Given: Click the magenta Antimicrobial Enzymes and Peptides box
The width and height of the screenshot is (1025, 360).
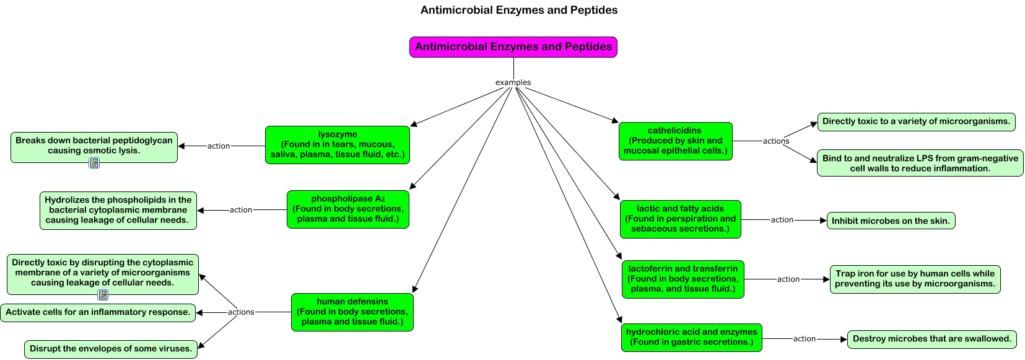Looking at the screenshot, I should pyautogui.click(x=513, y=47).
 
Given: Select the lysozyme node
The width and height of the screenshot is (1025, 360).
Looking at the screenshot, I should pyautogui.click(x=337, y=145).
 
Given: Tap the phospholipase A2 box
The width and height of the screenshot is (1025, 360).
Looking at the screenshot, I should pyautogui.click(x=347, y=209).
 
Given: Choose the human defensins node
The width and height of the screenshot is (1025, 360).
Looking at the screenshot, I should pyautogui.click(x=352, y=312).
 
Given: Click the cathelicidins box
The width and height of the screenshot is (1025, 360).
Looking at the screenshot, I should pyautogui.click(x=675, y=141).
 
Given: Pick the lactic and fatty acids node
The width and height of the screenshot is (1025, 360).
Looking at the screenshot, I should pyautogui.click(x=680, y=219).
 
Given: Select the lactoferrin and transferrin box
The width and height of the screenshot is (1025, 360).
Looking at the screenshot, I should pyautogui.click(x=683, y=279).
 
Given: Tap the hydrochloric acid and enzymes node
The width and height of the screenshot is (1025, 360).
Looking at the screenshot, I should pyautogui.click(x=691, y=338).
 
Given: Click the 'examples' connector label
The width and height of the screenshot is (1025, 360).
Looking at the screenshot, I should pyautogui.click(x=513, y=82).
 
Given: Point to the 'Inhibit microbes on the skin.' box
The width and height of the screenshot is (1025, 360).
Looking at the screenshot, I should pyautogui.click(x=891, y=221).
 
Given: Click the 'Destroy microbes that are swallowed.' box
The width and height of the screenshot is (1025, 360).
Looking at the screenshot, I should pyautogui.click(x=931, y=340).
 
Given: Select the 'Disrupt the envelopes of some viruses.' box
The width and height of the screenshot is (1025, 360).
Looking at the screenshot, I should pyautogui.click(x=111, y=349).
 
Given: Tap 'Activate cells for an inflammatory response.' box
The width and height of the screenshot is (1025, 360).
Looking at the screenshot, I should pyautogui.click(x=98, y=312).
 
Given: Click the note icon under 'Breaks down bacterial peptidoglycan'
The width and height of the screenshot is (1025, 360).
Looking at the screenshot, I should pyautogui.click(x=94, y=163).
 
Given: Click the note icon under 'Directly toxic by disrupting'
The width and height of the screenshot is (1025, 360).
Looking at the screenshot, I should pyautogui.click(x=103, y=295).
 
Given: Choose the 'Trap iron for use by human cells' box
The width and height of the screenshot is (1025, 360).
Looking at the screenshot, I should pyautogui.click(x=915, y=279).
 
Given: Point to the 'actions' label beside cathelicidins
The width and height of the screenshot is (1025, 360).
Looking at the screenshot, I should pyautogui.click(x=775, y=141).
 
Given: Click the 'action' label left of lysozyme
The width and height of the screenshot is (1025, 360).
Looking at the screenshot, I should pyautogui.click(x=219, y=146).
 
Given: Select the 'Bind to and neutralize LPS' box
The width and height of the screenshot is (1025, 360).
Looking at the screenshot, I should pyautogui.click(x=920, y=164).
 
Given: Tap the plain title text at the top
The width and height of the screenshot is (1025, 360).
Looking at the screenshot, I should pyautogui.click(x=518, y=10).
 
